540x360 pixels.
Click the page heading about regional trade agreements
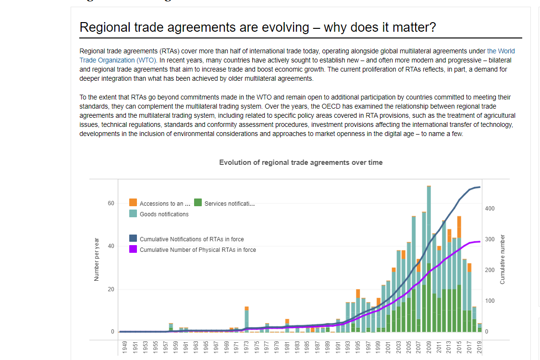click(258, 27)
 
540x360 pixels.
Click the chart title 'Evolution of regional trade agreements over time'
click(301, 162)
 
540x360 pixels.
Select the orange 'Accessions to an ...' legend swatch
click(133, 203)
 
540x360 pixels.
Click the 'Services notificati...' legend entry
click(229, 203)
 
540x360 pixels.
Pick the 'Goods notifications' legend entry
click(164, 214)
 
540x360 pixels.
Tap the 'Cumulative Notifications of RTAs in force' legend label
click(191, 239)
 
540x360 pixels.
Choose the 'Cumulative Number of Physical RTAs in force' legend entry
click(197, 249)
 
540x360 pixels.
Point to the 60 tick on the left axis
click(111, 203)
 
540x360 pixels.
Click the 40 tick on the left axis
click(111, 246)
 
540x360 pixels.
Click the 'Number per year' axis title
click(97, 260)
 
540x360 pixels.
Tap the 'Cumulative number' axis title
click(503, 259)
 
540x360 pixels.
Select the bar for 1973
click(246, 319)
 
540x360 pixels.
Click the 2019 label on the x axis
click(479, 346)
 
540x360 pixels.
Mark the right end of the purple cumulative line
click(479, 242)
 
